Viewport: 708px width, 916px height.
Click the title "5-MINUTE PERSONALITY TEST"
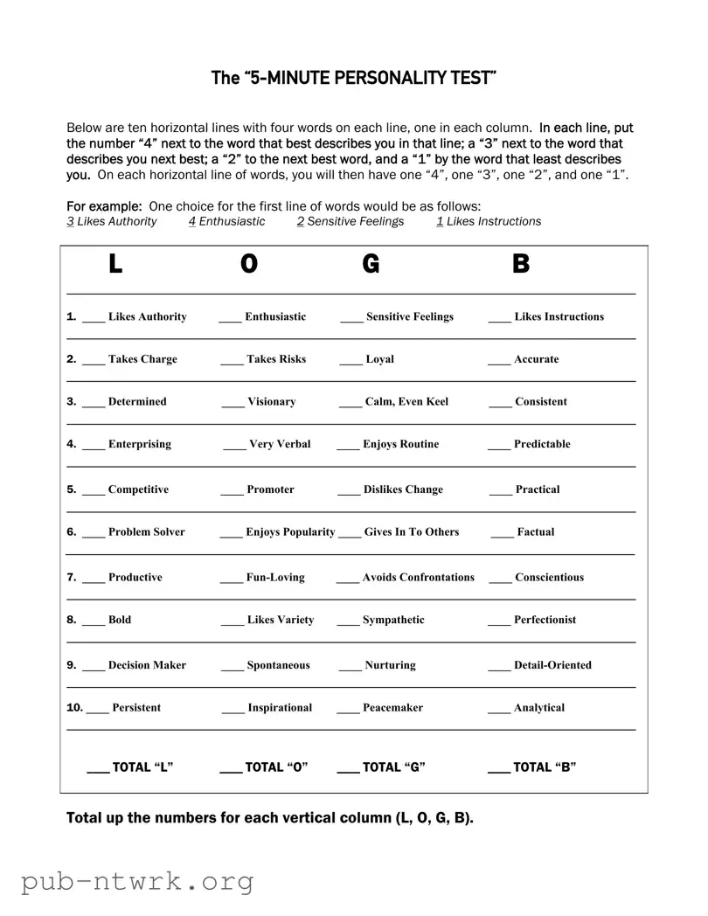coord(354,78)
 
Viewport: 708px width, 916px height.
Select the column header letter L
coord(115,264)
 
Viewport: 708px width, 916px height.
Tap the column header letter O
coord(249,264)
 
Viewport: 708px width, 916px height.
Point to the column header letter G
coord(371,264)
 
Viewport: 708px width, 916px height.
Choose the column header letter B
coord(521,264)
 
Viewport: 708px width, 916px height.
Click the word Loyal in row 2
coord(379,359)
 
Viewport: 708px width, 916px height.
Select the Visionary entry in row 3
coord(271,402)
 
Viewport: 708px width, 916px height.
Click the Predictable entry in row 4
coord(542,444)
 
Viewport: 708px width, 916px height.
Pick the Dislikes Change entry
coord(403,489)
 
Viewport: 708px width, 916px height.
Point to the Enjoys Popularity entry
coord(290,531)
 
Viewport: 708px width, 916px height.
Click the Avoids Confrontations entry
coord(418,577)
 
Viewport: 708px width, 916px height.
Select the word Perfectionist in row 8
coord(545,620)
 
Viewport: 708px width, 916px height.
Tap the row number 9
coord(71,665)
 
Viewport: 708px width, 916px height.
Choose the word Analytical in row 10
coord(539,708)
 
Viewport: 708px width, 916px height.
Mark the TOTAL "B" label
coord(545,767)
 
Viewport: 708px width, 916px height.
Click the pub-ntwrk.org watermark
coord(137,881)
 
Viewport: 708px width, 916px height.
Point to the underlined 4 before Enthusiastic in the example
coord(191,222)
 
